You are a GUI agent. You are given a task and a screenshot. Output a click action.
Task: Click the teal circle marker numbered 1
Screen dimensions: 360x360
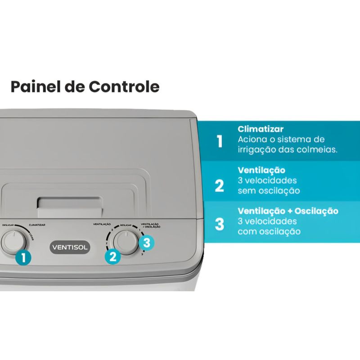pyautogui.click(x=23, y=258)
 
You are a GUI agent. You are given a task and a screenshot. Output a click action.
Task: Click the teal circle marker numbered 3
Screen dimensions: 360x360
pyautogui.click(x=147, y=243)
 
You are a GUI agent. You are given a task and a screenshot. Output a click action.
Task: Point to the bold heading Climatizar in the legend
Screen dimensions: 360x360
pyautogui.click(x=261, y=129)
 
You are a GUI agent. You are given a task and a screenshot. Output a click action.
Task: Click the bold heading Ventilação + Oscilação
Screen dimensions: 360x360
pyautogui.click(x=288, y=211)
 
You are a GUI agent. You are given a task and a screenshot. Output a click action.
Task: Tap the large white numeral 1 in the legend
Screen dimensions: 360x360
pyautogui.click(x=220, y=142)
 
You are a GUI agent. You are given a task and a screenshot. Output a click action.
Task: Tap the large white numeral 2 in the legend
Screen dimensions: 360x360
pyautogui.click(x=220, y=185)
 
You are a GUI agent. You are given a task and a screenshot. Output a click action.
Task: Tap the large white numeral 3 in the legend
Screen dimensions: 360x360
pyautogui.click(x=220, y=225)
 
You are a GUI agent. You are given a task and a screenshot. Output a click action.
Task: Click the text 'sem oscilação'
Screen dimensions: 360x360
pyautogui.click(x=269, y=191)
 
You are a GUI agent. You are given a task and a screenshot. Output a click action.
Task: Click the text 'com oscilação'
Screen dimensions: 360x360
pyautogui.click(x=269, y=232)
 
